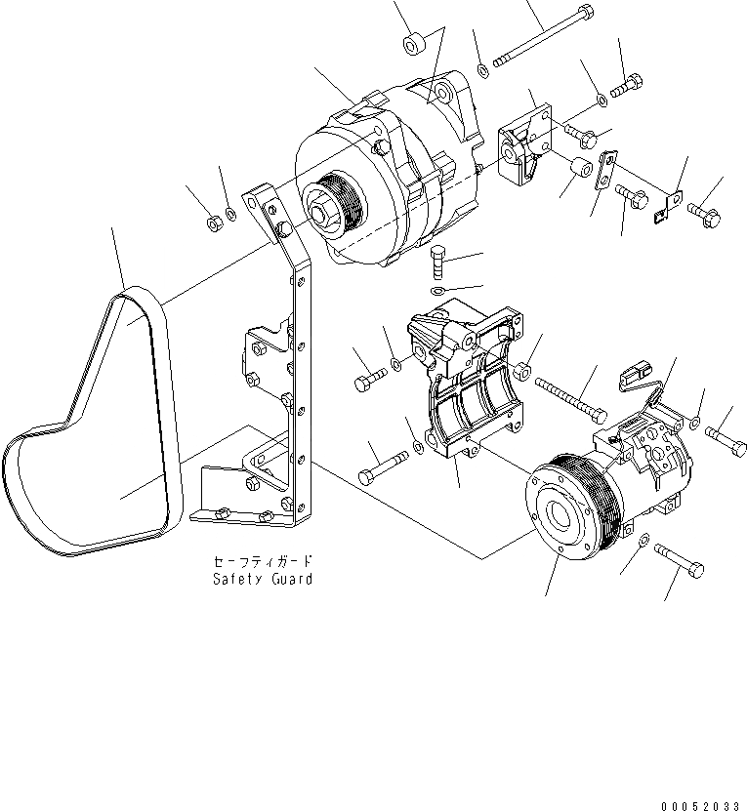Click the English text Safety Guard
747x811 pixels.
pos(263,579)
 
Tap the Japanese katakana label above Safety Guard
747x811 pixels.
pos(263,562)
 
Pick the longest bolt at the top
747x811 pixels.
pos(542,39)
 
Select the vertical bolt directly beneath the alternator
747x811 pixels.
pos(438,264)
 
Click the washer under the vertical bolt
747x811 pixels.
pos(437,291)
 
